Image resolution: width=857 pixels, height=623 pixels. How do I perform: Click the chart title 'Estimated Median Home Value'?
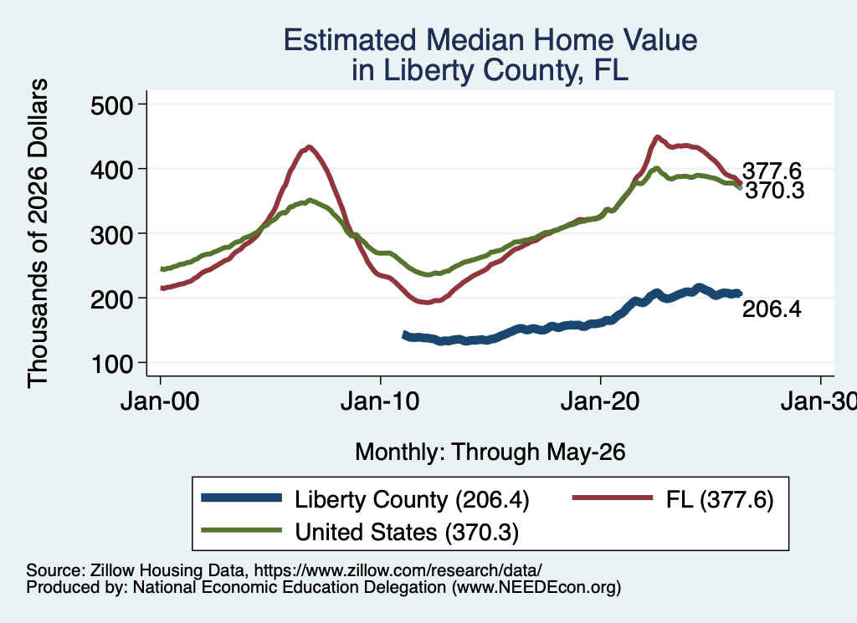point(490,40)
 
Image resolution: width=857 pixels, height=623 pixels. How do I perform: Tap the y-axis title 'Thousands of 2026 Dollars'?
point(38,233)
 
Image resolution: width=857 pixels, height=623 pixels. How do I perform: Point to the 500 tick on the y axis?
point(112,105)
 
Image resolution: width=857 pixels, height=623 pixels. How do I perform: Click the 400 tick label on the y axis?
point(112,169)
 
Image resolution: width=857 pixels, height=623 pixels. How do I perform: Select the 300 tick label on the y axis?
point(112,233)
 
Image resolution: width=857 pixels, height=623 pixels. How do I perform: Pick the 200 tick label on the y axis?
point(112,299)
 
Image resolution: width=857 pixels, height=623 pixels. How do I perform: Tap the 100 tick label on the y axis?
point(112,363)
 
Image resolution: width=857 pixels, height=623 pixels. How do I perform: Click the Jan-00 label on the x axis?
point(160,401)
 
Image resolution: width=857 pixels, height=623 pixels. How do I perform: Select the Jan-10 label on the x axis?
point(380,401)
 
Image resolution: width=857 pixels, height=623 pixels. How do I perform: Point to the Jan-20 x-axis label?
point(600,401)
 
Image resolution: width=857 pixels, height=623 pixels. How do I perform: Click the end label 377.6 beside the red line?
point(772,171)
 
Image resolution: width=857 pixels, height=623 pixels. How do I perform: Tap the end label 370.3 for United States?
point(774,191)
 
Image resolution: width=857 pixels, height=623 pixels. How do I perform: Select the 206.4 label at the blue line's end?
point(772,309)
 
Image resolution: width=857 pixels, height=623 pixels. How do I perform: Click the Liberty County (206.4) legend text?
point(412,499)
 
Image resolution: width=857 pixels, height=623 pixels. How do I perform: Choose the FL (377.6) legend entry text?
point(720,499)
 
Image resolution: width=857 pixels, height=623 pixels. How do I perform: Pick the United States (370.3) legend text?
point(407,532)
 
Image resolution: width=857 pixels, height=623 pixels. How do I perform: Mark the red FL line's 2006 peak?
point(310,146)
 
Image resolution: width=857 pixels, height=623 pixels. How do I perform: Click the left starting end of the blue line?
point(405,334)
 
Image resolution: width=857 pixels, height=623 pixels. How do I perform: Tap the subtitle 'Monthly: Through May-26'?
point(490,452)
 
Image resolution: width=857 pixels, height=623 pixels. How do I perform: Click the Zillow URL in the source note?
point(398,570)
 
